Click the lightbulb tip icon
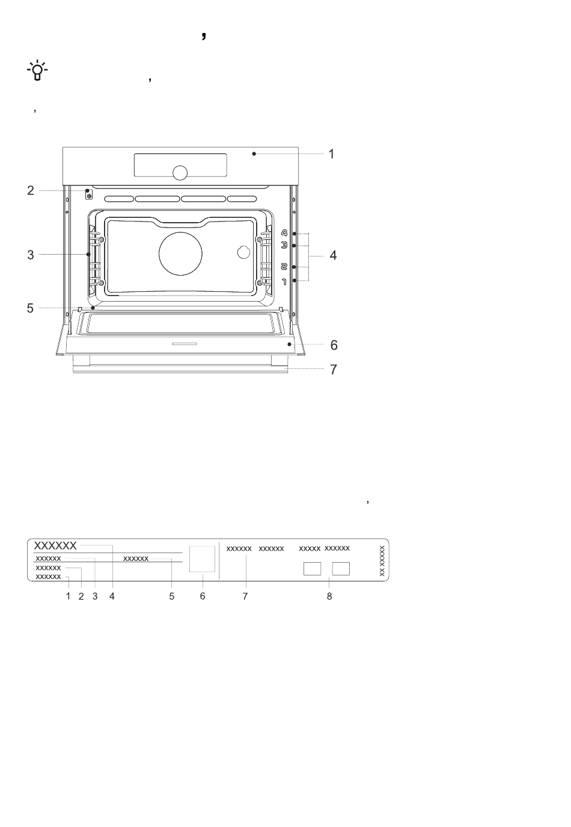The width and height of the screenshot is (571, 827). (x=37, y=70)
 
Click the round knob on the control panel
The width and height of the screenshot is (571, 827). (x=180, y=173)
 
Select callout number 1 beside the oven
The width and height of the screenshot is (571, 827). (x=331, y=154)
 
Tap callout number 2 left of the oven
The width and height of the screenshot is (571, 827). (x=31, y=191)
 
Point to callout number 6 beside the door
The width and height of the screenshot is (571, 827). (x=334, y=345)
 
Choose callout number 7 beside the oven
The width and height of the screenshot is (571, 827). (x=333, y=370)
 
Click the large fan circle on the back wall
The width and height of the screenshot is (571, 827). (x=181, y=253)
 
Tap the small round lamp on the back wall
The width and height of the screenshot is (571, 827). (x=243, y=252)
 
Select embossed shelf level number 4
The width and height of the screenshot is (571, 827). (x=284, y=232)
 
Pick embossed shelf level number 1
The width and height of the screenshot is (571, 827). (x=284, y=282)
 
